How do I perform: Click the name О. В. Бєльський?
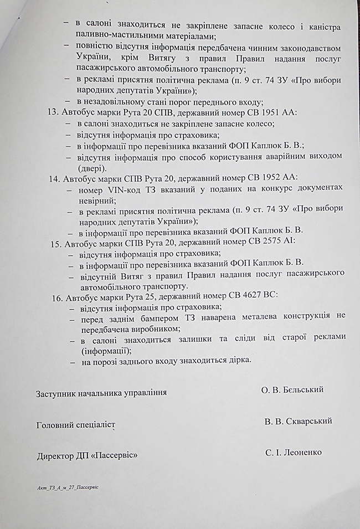click(x=292, y=390)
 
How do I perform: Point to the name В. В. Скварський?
click(x=298, y=421)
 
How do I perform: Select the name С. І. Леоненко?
click(x=294, y=453)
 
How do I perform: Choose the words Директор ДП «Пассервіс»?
click(x=87, y=456)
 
